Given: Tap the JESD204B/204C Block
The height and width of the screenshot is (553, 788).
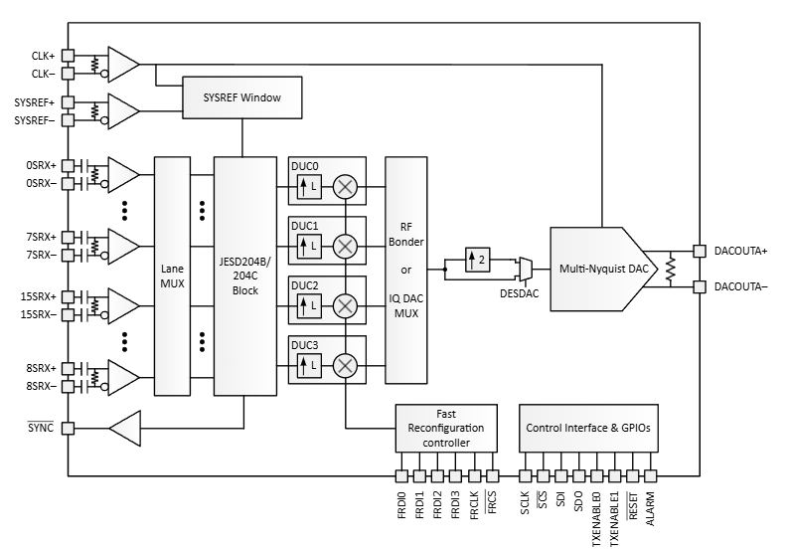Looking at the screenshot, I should (243, 276).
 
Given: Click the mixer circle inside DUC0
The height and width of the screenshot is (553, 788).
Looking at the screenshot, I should (346, 185).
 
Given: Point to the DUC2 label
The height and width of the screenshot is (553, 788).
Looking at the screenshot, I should (305, 284).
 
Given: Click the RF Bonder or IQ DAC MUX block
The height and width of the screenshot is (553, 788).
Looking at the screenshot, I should (405, 269).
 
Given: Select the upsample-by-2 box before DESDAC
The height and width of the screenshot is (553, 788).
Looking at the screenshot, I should (478, 259).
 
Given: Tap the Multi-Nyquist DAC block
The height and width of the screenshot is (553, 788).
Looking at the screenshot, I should (602, 268).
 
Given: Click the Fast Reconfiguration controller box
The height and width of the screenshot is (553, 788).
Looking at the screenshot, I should (445, 427).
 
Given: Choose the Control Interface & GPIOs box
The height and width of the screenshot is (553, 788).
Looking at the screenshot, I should (588, 427).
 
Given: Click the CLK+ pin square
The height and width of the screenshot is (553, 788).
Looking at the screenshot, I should (69, 56).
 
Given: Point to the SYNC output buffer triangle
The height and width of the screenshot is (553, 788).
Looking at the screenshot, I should (126, 429).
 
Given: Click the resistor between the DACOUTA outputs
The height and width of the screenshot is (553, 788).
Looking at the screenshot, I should (672, 269).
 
